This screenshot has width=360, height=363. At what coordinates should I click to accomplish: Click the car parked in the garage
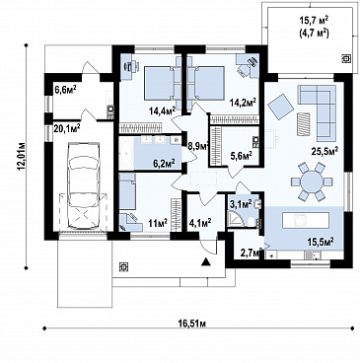pyautogui.click(x=84, y=185)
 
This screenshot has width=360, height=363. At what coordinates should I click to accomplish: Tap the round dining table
pyautogui.click(x=312, y=181)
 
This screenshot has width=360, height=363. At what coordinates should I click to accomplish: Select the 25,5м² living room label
pyautogui.click(x=325, y=151)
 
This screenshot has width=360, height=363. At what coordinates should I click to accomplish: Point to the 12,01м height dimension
pyautogui.click(x=23, y=156)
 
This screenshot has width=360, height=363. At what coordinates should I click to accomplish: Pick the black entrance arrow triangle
pyautogui.click(x=205, y=261)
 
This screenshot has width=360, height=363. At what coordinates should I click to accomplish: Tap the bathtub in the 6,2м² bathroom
pyautogui.click(x=126, y=153)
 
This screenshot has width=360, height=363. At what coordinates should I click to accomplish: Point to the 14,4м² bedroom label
pyautogui.click(x=162, y=110)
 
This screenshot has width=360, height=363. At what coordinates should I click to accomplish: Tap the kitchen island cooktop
pyautogui.click(x=300, y=220)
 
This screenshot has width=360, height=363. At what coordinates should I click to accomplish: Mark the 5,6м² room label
pyautogui.click(x=242, y=155)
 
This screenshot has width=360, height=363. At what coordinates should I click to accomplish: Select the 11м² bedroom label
pyautogui.click(x=158, y=224)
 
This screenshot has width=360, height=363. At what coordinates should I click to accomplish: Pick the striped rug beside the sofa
pyautogui.click(x=303, y=123)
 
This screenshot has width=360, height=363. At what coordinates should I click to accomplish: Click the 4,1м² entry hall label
pyautogui.click(x=200, y=224)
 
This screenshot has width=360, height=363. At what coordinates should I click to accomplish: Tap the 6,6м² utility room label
pyautogui.click(x=65, y=90)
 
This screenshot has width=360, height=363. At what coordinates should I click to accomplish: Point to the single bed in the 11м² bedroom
pyautogui.click(x=127, y=191)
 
